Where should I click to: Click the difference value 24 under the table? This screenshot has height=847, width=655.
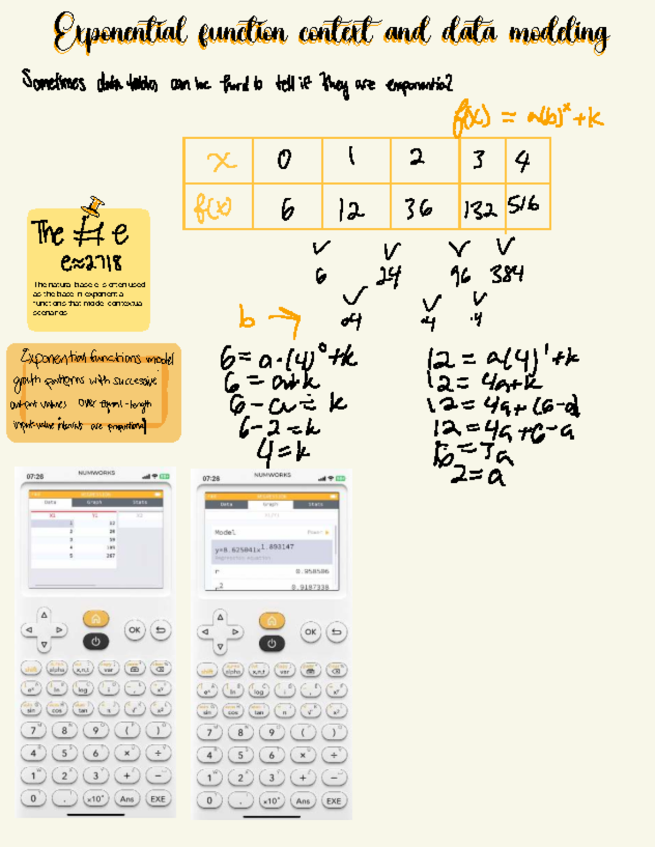[x=389, y=276]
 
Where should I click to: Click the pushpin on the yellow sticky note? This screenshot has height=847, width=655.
[x=94, y=205]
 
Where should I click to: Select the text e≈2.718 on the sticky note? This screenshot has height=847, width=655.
[x=91, y=263]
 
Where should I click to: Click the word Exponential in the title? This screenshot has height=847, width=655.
[x=120, y=32]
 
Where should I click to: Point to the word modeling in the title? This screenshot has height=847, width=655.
[x=559, y=33]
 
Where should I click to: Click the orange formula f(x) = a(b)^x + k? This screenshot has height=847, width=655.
[x=527, y=117]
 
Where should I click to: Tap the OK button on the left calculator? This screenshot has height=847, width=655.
[x=134, y=630]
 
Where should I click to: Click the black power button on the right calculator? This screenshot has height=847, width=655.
[x=272, y=643]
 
